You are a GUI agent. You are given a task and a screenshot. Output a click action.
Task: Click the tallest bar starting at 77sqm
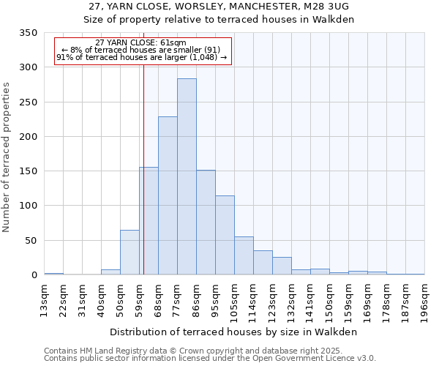pyautogui.click(x=187, y=176)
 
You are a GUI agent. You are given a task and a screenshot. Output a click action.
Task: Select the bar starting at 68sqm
pyautogui.click(x=168, y=195)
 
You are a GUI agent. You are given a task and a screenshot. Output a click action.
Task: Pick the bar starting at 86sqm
pyautogui.click(x=206, y=223)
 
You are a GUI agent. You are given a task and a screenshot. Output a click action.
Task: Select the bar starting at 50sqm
pyautogui.click(x=130, y=253)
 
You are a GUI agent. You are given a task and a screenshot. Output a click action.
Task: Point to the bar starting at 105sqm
pyautogui.click(x=244, y=256)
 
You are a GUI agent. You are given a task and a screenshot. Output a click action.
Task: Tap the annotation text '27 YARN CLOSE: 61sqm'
pyautogui.click(x=141, y=43)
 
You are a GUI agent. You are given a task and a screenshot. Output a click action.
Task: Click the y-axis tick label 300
pyautogui.click(x=28, y=67)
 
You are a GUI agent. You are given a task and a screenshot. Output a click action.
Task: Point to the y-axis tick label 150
pyautogui.click(x=28, y=171)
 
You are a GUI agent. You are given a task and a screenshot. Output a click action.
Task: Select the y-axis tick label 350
pyautogui.click(x=28, y=33)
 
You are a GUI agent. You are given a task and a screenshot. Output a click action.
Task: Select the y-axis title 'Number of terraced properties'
pyautogui.click(x=7, y=157)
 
